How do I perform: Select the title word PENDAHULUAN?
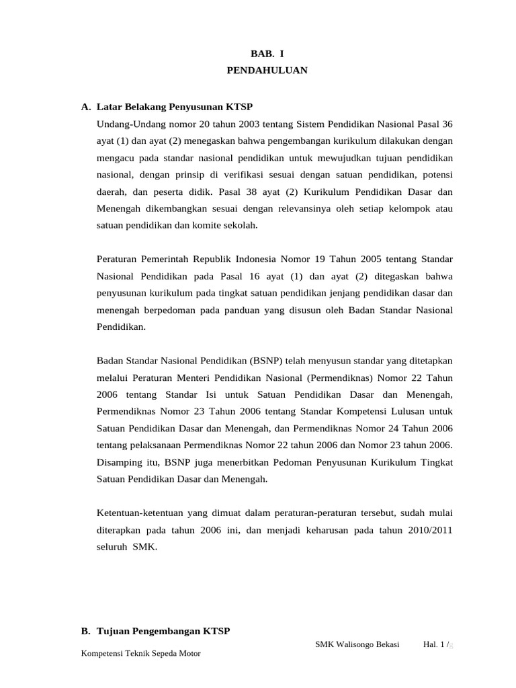[267, 70]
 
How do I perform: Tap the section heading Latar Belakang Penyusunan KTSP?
[175, 107]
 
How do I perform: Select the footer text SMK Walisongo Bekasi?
[357, 644]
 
